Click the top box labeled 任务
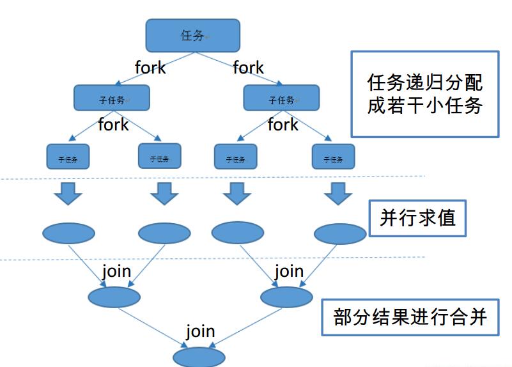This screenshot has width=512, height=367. pos(192,35)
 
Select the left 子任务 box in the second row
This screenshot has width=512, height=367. pos(112,98)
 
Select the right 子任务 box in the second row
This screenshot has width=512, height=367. pos(281,98)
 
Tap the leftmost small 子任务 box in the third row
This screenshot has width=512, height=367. pos(68,156)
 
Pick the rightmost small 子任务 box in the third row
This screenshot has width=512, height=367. pos(333,156)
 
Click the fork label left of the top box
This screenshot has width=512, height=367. pos(150,67)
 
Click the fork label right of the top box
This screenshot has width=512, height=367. pos(249,67)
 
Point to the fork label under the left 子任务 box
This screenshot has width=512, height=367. pos(113,124)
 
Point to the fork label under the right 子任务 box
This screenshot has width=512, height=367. pos(283,124)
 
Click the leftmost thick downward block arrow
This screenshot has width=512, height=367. pos(68,193)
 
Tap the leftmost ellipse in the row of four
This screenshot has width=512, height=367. pos(68,233)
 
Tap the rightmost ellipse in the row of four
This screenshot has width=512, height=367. pos(340,234)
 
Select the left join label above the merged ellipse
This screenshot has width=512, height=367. pos(116,271)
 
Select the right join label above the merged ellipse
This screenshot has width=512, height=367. pos(289,271)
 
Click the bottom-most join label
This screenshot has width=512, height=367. pos(200,332)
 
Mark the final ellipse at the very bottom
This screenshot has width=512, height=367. pos(199,357)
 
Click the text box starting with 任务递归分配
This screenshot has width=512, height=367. pos(425,94)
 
